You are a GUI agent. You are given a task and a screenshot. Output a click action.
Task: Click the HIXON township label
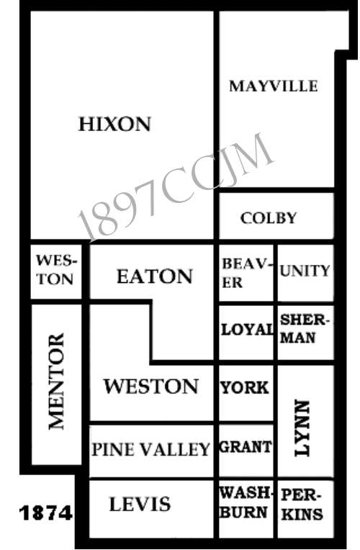(x=114, y=124)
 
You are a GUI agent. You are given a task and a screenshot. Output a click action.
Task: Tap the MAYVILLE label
(x=274, y=86)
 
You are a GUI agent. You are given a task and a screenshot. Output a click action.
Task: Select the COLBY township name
(x=269, y=218)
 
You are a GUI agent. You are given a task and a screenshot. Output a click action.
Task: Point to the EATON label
(x=155, y=276)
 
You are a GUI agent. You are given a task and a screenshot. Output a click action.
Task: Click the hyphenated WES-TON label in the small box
(x=56, y=270)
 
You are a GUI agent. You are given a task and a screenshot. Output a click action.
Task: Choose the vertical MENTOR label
(x=56, y=382)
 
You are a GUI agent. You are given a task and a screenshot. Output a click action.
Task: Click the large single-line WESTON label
(x=151, y=386)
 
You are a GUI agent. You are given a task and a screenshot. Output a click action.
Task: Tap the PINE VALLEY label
(x=151, y=450)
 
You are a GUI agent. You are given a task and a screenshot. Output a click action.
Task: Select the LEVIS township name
(x=140, y=505)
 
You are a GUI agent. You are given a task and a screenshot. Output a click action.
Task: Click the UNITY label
(x=305, y=271)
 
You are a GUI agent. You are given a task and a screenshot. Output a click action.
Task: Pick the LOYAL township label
(x=248, y=330)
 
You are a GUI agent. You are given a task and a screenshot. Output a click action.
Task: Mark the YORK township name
(x=245, y=388)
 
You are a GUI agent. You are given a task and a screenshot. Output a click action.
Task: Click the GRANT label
(x=246, y=447)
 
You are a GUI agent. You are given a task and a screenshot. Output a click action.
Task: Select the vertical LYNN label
(x=302, y=428)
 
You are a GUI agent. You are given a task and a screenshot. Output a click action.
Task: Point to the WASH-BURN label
(x=246, y=503)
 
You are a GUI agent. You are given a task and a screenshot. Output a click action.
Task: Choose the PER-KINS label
(x=302, y=505)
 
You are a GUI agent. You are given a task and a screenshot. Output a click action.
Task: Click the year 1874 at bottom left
(x=46, y=513)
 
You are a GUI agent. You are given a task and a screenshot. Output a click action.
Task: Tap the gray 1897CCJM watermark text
(x=176, y=188)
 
